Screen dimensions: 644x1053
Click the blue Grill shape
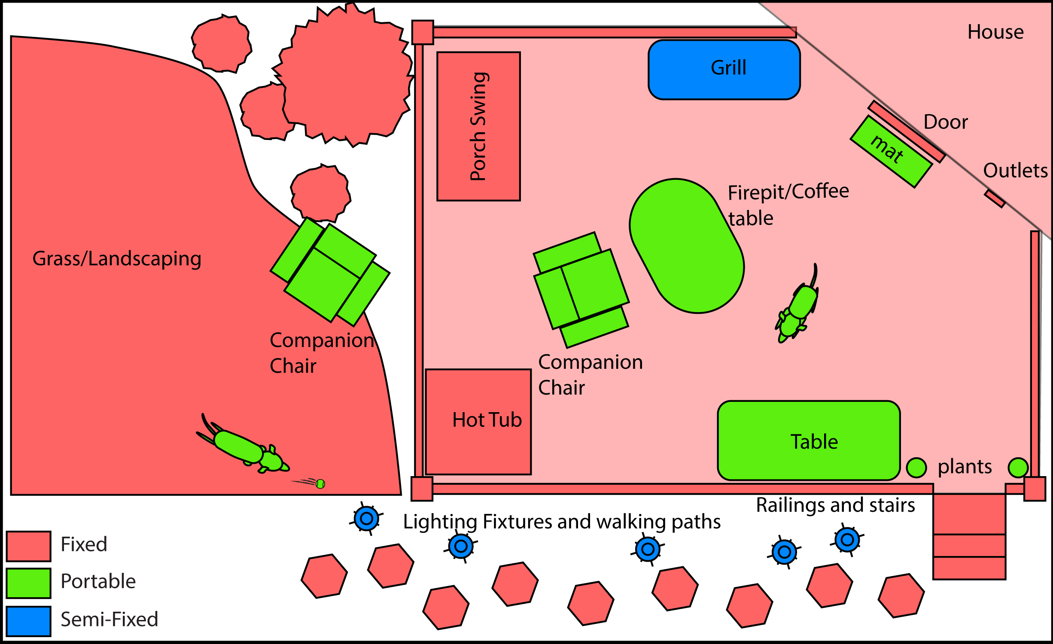pos(724,70)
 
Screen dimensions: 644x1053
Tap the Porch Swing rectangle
pos(478,126)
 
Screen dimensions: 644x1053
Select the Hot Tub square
pos(478,422)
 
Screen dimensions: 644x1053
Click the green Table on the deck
pos(809,440)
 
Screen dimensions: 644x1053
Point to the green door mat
pos(891,152)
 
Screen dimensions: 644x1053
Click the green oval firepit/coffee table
pos(687,246)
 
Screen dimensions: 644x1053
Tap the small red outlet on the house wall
pos(995,199)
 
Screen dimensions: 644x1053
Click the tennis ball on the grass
pos(320,484)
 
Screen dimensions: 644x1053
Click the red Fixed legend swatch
pos(28,546)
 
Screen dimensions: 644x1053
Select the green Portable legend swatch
pos(28,583)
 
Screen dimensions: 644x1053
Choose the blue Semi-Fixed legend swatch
pos(28,621)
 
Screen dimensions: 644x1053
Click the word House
pos(995,32)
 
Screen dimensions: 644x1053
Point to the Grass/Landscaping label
pos(117,259)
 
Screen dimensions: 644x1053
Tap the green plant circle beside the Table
pos(916,468)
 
